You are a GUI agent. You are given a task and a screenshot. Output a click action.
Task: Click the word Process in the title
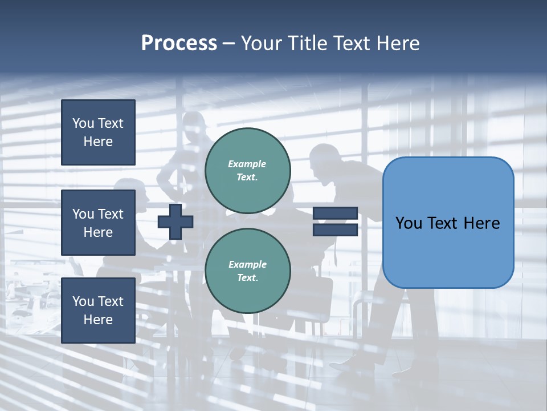click(179, 43)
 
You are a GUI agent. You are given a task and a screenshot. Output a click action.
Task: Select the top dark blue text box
click(98, 132)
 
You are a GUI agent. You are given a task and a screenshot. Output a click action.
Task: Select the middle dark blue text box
click(98, 223)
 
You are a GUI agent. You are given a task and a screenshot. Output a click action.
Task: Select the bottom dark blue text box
click(98, 310)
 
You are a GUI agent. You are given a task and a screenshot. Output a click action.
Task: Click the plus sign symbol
click(175, 221)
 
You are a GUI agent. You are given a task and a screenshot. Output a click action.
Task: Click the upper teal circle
click(247, 170)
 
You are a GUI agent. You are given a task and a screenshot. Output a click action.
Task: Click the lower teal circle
click(247, 271)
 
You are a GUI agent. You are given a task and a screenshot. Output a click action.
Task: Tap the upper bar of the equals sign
click(335, 213)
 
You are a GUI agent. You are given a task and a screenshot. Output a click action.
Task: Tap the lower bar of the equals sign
click(335, 229)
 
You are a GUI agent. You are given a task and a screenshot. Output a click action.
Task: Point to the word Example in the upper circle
click(247, 164)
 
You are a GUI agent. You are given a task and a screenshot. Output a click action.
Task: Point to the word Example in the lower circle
click(247, 264)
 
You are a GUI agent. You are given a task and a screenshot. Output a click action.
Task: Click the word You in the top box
click(83, 123)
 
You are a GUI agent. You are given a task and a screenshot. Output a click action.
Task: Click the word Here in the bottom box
click(98, 320)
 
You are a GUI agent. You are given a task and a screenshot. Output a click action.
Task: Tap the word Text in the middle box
click(110, 214)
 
